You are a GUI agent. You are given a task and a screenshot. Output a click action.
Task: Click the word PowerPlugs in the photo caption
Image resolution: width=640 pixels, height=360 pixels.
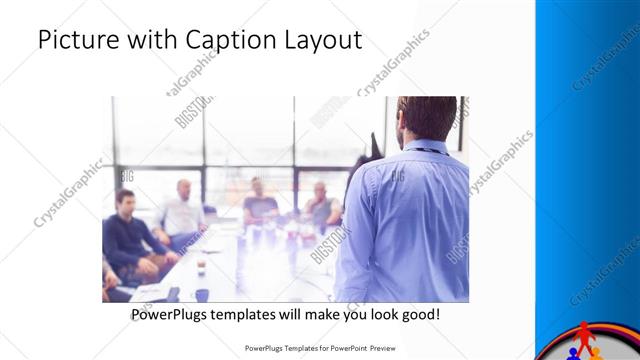point(172,315)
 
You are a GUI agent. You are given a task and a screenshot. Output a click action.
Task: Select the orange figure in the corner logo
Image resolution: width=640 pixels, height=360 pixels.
point(597,353)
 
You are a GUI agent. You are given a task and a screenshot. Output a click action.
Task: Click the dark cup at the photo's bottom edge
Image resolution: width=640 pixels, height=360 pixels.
point(202,295)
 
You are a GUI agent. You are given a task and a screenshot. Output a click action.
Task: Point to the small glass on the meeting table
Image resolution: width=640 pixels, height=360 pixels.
point(200,265)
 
